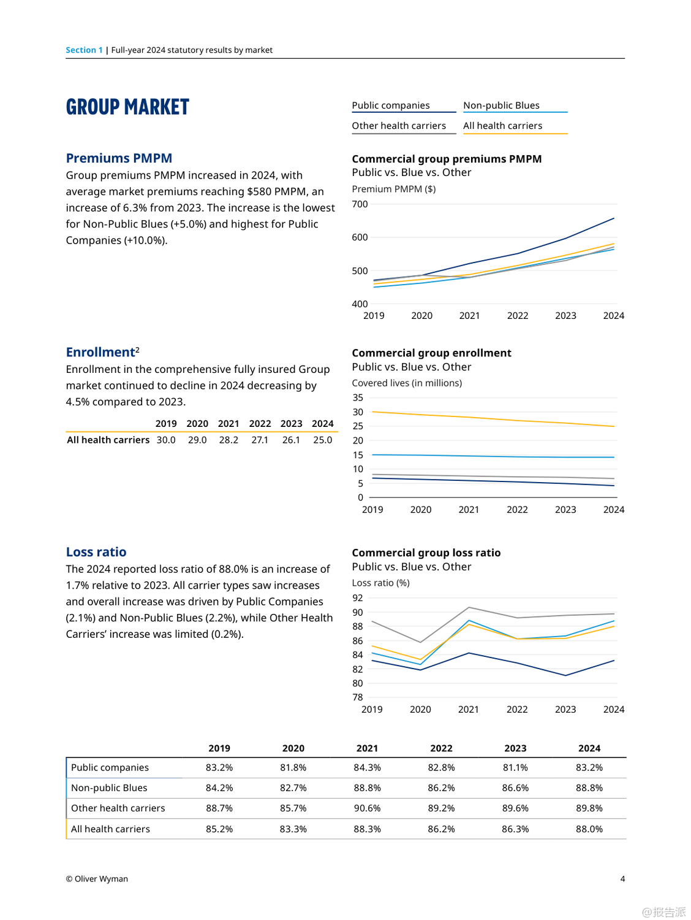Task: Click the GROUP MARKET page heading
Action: [x=127, y=107]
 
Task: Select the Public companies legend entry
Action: [x=391, y=105]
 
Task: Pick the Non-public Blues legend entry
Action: [x=501, y=105]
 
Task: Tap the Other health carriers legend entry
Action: [x=399, y=126]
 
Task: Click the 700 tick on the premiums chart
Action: [x=360, y=204]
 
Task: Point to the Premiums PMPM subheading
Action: [x=119, y=158]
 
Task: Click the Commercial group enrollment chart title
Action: [x=431, y=353]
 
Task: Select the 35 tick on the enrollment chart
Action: [x=358, y=397]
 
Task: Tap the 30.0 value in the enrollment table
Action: [x=166, y=440]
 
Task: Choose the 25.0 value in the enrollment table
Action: [x=322, y=440]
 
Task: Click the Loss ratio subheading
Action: [x=96, y=552]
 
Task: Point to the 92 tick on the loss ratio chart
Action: [x=358, y=598]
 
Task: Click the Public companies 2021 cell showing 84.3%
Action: [x=367, y=767]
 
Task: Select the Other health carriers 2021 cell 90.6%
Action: [x=367, y=808]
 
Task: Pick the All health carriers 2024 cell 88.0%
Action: [x=589, y=829]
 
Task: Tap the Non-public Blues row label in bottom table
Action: [x=109, y=788]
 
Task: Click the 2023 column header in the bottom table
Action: [x=515, y=748]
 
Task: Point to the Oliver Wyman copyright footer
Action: [x=97, y=879]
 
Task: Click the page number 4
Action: [x=622, y=879]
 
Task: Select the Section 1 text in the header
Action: [x=84, y=50]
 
